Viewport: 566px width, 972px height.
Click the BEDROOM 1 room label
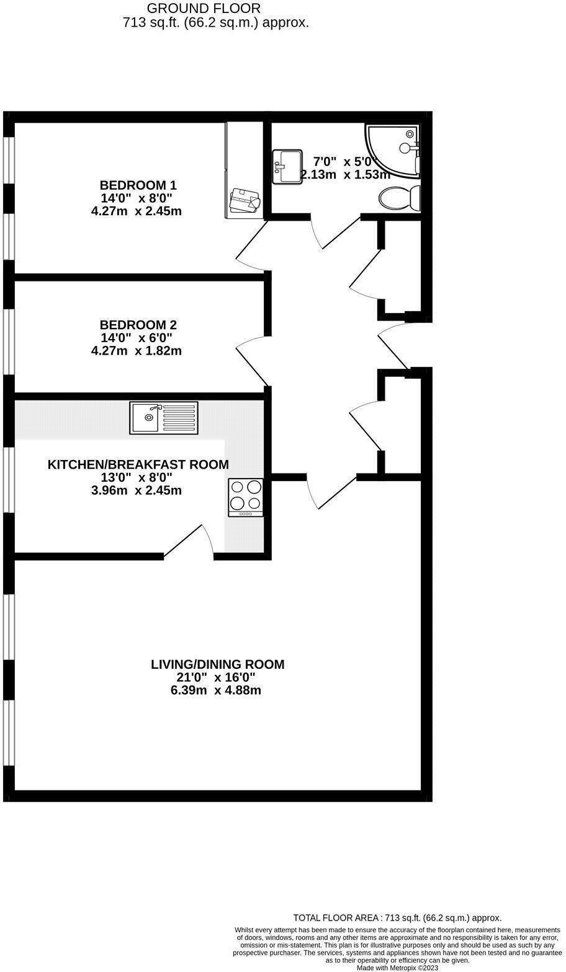[x=138, y=185]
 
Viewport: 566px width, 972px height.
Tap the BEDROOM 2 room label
[x=138, y=325]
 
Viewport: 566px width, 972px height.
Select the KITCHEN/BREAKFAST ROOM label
[x=138, y=464]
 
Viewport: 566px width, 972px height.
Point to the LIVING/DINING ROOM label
[x=217, y=665]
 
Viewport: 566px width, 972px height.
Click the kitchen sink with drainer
[x=164, y=418]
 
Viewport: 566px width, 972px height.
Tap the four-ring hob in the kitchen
[x=246, y=497]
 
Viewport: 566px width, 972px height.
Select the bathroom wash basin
[x=287, y=166]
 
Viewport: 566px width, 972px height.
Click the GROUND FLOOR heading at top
[x=204, y=9]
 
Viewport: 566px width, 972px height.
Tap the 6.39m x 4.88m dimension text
[x=216, y=690]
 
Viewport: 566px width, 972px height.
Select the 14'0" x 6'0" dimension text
[x=137, y=338]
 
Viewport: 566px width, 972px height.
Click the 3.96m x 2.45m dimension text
[x=137, y=491]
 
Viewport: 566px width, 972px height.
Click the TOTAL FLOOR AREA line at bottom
[x=397, y=918]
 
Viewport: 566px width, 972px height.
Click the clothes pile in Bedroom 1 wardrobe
[x=245, y=200]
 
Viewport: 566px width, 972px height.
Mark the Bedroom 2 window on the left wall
[x=9, y=341]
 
